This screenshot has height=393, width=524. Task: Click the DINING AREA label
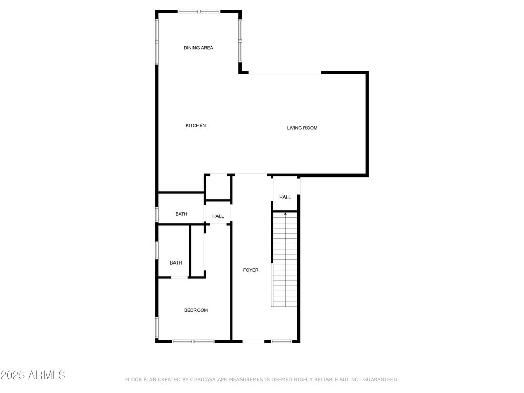(x=198, y=48)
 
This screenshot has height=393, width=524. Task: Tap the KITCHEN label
(x=195, y=126)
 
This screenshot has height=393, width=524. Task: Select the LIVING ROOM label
(x=302, y=128)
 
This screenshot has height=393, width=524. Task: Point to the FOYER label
(x=251, y=270)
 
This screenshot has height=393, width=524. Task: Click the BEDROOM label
(x=196, y=310)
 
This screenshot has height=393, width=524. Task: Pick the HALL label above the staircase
(x=285, y=197)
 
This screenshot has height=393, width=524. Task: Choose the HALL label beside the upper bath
(x=218, y=216)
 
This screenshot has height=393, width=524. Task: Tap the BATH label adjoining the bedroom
(x=176, y=263)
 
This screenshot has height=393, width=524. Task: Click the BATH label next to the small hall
(x=181, y=214)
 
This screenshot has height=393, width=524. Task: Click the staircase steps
(x=285, y=259)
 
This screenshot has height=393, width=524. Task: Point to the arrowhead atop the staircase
(x=285, y=213)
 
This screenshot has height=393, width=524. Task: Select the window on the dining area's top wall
(x=199, y=12)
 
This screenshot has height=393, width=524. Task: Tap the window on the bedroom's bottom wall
(x=193, y=341)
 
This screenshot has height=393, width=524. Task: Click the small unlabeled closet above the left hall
(x=218, y=187)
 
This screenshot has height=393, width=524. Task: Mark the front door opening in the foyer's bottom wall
(x=253, y=341)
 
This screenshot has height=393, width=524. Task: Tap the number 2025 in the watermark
(x=12, y=375)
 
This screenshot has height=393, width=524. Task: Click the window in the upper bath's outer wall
(x=157, y=214)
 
